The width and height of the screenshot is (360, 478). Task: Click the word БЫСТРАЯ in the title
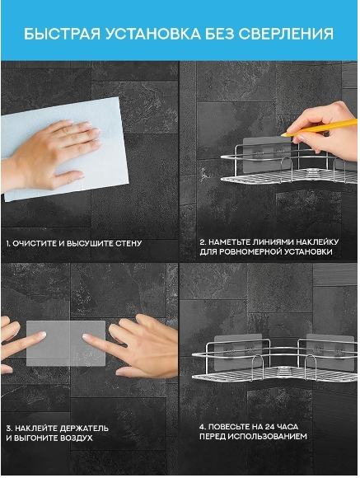click(x=62, y=34)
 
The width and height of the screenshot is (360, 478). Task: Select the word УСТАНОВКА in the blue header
click(x=153, y=34)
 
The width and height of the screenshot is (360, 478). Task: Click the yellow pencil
click(x=319, y=127)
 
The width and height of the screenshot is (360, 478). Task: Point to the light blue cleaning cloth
click(x=64, y=149)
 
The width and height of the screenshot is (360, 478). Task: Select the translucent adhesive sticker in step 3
click(x=66, y=344)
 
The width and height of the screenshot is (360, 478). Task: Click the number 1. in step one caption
click(x=8, y=244)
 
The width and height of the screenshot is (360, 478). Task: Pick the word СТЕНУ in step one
click(x=129, y=244)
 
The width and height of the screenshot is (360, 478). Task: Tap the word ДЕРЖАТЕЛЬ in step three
click(x=84, y=429)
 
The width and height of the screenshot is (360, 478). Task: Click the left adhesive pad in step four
click(x=238, y=352)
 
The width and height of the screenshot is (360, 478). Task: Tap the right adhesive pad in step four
click(x=330, y=352)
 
